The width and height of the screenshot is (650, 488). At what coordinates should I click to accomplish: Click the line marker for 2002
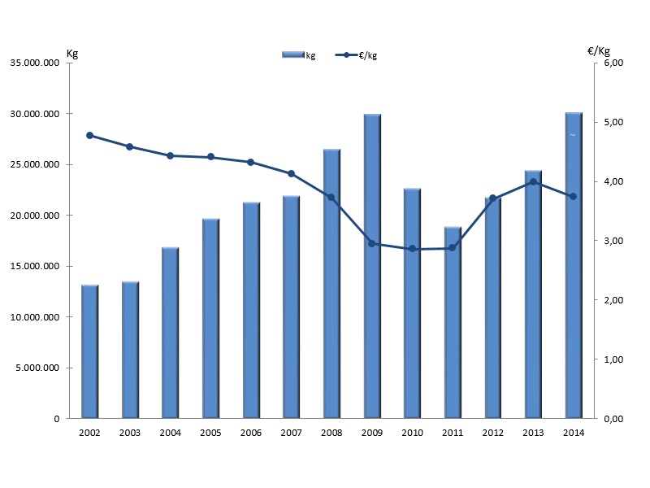tap(89, 135)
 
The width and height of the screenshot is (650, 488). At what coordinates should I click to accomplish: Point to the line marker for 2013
tap(533, 182)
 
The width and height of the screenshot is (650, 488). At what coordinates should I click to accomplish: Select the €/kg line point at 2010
tap(412, 249)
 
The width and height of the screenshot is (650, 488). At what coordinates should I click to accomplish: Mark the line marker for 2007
tap(291, 173)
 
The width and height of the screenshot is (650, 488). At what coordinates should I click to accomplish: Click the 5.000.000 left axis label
tap(38, 368)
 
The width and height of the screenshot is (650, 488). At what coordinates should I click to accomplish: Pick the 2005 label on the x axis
tap(210, 433)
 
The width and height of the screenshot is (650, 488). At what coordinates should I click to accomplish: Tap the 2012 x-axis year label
tap(493, 433)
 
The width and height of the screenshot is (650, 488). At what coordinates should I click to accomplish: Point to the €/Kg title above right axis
tap(598, 51)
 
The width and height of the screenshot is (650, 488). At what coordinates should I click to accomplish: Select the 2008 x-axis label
tap(331, 433)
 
